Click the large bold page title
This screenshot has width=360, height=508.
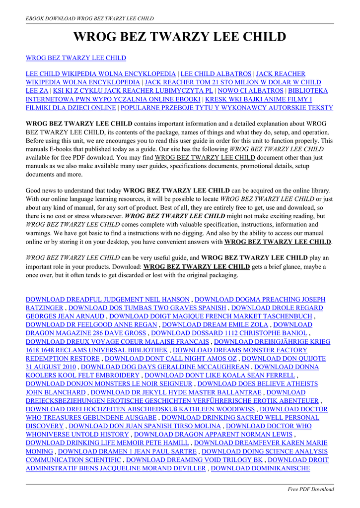pyautogui.click(x=180, y=37)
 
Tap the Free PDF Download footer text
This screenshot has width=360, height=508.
pyautogui.click(x=311, y=489)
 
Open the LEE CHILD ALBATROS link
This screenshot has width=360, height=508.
pyautogui.click(x=216, y=73)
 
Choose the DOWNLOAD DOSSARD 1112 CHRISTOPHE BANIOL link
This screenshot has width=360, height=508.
pyautogui.click(x=229, y=333)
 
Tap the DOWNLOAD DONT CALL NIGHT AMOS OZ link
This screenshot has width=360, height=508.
pyautogui.click(x=171, y=358)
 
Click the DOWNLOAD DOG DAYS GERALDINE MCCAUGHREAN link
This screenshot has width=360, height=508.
pyautogui.click(x=165, y=367)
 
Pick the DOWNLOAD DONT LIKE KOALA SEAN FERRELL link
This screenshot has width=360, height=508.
pyautogui.click(x=219, y=375)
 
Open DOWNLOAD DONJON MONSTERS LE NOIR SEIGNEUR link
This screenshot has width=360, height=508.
pyautogui.click(x=109, y=383)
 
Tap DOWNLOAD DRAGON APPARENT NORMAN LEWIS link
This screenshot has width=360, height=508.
pyautogui.click(x=213, y=434)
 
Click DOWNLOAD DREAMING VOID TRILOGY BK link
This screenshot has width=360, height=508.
pyautogui.click(x=195, y=459)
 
